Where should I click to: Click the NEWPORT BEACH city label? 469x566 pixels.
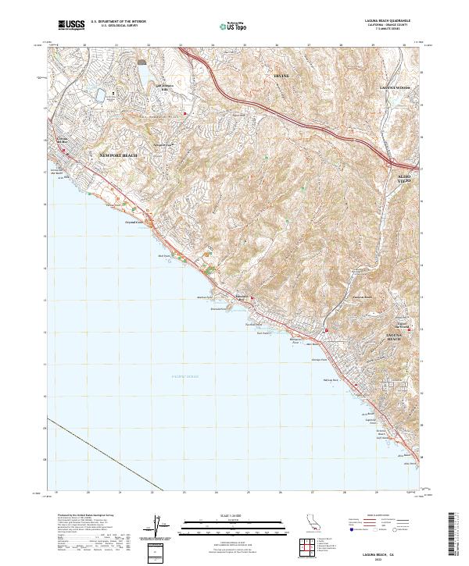tap(118, 155)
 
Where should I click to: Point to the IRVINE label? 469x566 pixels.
tap(280, 76)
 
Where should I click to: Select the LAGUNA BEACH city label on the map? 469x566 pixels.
tap(394, 336)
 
